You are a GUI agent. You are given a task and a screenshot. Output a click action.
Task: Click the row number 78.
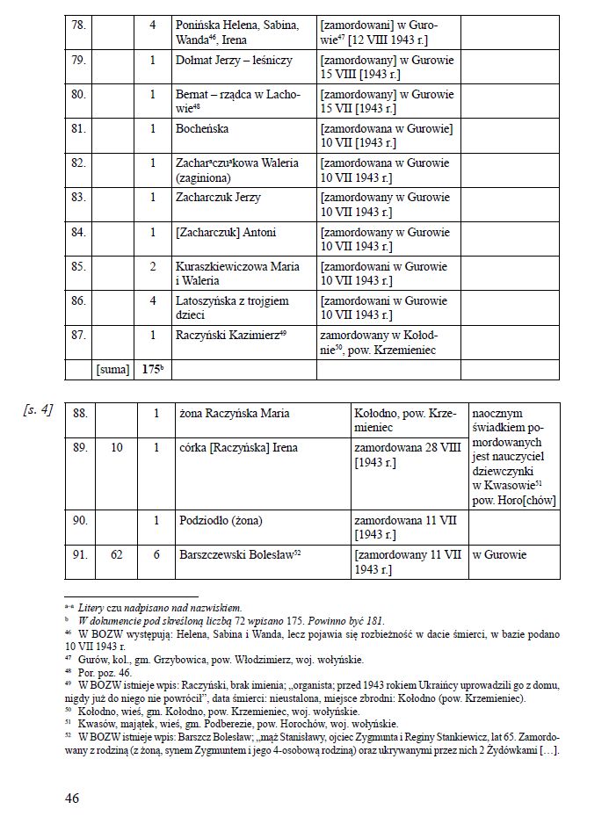click(79, 25)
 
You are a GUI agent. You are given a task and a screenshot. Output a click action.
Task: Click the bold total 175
click(153, 370)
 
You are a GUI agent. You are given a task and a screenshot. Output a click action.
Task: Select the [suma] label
click(112, 370)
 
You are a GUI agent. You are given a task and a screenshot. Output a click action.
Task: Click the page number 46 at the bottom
click(73, 798)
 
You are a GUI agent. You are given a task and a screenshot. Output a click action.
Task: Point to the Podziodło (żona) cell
click(221, 520)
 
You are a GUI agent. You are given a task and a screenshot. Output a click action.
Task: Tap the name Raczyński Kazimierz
click(228, 335)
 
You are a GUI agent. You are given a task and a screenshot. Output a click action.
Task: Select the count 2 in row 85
click(153, 266)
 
